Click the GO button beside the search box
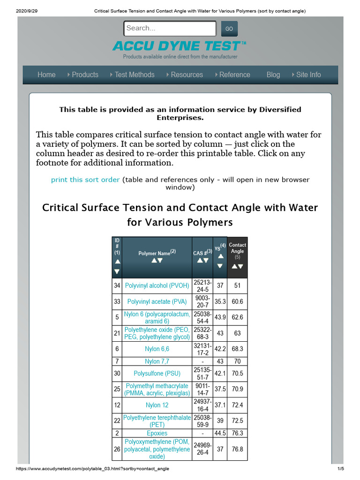(x=229, y=29)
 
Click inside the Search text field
(x=170, y=28)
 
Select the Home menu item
(x=46, y=75)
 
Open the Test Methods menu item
(x=134, y=75)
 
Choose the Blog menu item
(x=273, y=75)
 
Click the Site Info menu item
(x=308, y=75)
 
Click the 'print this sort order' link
(x=85, y=180)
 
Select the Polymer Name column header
(x=157, y=253)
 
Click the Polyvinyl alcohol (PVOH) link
(x=157, y=285)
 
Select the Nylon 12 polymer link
(x=157, y=405)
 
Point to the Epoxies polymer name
(x=157, y=433)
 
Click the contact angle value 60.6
(x=237, y=301)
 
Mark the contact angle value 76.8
(x=237, y=449)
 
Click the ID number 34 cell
(x=117, y=285)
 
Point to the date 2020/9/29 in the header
(x=16, y=11)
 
